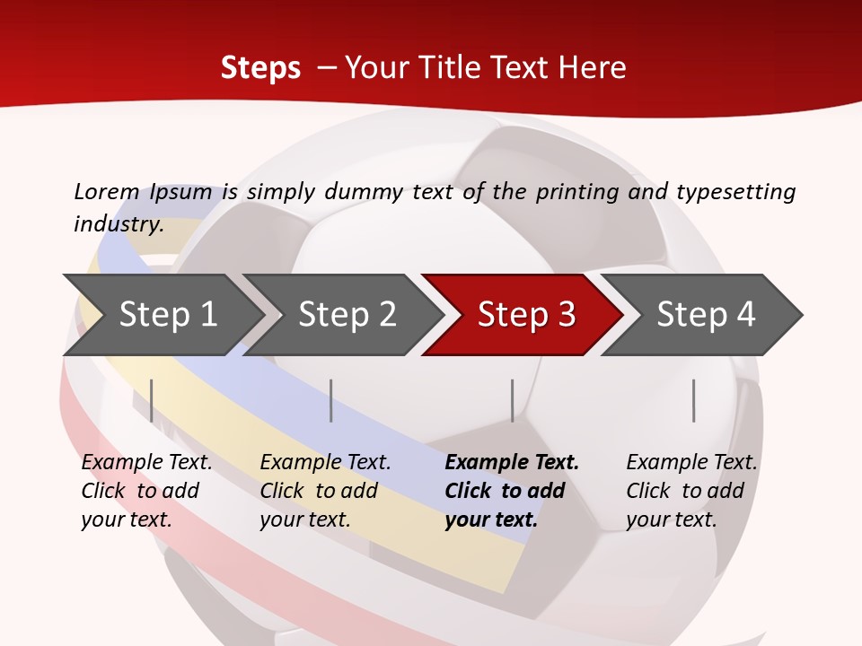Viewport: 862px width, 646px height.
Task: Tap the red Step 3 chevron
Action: [526, 315]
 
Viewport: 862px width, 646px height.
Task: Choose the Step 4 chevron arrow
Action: [706, 315]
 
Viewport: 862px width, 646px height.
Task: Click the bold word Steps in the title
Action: [260, 68]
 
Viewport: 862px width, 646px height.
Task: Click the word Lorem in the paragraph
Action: [106, 192]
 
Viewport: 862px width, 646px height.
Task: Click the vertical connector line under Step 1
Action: [152, 400]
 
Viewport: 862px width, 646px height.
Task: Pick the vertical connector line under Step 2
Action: [331, 400]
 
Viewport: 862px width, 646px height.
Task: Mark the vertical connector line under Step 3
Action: [512, 400]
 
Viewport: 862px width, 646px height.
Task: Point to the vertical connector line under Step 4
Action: [693, 400]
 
